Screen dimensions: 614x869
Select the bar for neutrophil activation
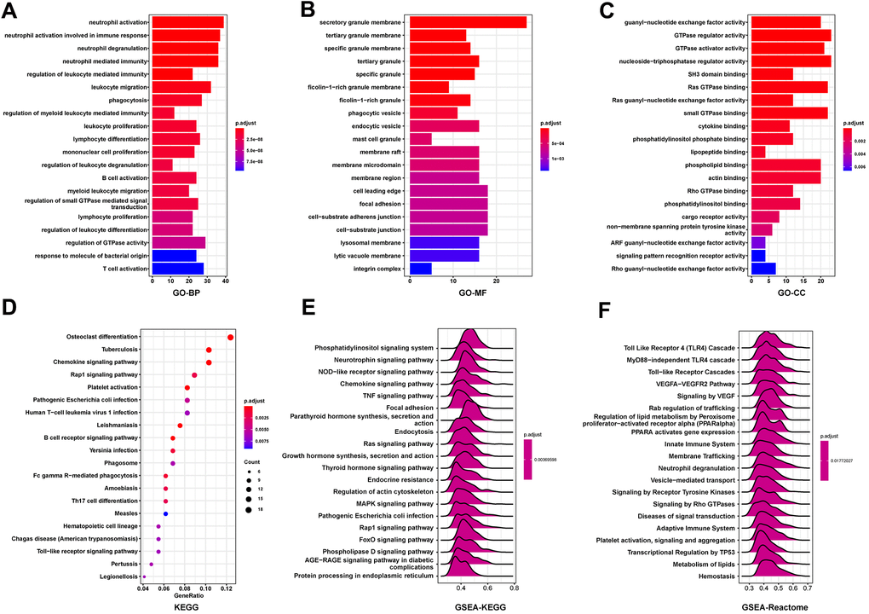tap(187, 21)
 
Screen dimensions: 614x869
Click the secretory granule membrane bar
tap(468, 21)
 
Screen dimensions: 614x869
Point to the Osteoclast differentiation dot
tap(231, 338)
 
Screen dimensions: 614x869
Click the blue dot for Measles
tap(165, 514)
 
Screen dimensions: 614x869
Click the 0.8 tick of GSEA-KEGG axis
tap(514, 588)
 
